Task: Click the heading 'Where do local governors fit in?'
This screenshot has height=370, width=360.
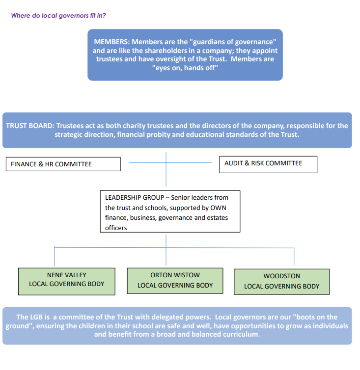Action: (x=58, y=16)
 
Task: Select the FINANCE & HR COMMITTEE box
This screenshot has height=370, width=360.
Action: (x=63, y=164)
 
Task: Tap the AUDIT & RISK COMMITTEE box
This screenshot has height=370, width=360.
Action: (x=268, y=164)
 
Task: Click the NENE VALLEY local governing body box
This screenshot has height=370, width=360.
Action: (x=67, y=281)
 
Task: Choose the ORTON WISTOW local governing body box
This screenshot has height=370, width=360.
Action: (x=175, y=281)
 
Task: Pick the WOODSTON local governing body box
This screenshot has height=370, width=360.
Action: (x=281, y=282)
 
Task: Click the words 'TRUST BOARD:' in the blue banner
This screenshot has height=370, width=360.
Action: (x=30, y=126)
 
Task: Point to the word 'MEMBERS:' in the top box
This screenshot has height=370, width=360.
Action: (x=112, y=42)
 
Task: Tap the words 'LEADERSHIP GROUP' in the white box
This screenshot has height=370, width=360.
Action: (x=135, y=197)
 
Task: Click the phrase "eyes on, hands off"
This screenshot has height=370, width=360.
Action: (x=185, y=68)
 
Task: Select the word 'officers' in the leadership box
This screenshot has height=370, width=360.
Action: (x=116, y=228)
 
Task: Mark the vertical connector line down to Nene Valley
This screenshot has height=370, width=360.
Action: (x=55, y=257)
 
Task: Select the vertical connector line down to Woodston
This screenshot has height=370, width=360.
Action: (x=294, y=257)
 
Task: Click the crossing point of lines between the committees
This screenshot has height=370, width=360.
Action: (x=166, y=162)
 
